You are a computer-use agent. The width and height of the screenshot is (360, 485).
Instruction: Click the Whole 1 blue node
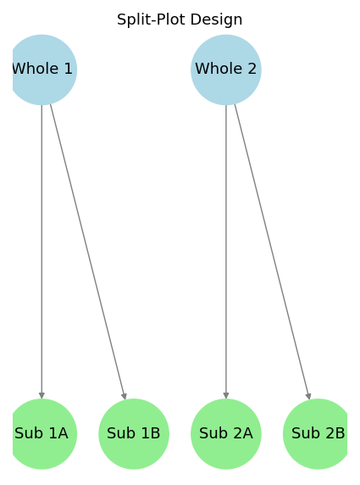point(42,70)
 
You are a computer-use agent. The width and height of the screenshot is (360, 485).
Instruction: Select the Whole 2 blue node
point(226,70)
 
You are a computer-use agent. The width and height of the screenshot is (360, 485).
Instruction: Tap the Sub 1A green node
point(42,434)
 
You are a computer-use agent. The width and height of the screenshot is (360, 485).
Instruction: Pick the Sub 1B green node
point(134,434)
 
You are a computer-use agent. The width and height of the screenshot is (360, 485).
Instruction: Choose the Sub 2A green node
point(226,434)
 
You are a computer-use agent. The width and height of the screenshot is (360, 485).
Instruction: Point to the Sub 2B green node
point(317,434)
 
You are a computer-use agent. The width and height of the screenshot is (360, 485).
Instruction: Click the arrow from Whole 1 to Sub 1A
point(42,252)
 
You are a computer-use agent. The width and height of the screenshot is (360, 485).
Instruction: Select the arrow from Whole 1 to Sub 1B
point(88,252)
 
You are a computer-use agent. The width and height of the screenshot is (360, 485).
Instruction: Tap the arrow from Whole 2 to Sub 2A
point(226,252)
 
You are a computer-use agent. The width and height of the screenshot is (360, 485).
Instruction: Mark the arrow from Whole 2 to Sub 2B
point(272,252)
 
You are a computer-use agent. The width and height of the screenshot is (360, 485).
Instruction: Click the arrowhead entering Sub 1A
point(42,396)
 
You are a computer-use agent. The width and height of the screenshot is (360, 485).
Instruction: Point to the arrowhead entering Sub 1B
point(125,396)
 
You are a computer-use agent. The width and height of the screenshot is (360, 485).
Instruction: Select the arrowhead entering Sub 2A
point(226,396)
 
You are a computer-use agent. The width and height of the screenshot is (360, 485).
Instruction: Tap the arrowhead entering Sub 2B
point(308,396)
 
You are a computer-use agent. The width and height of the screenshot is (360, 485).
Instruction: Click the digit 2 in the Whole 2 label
point(252,69)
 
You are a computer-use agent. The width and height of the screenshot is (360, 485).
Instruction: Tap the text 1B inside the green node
point(151,433)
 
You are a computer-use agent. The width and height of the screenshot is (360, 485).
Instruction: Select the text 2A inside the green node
point(243,433)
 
